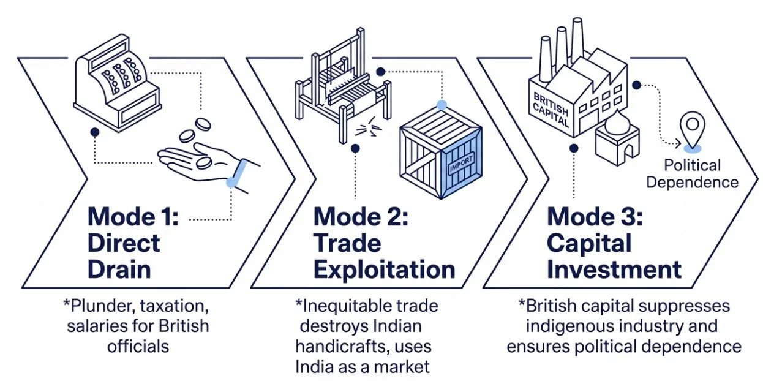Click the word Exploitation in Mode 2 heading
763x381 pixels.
point(384,269)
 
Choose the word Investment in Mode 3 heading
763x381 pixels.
point(614,269)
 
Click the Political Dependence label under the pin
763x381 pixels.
point(693,173)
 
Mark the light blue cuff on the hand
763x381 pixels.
point(237,173)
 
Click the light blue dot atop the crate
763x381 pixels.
point(442,105)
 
